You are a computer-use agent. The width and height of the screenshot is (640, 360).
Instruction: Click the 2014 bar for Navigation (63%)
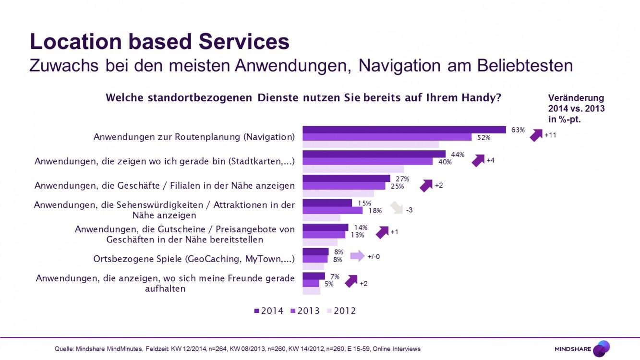pyautogui.click(x=404, y=130)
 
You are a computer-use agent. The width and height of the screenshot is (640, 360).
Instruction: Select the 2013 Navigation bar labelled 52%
pyautogui.click(x=387, y=137)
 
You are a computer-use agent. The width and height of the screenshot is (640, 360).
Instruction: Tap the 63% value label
pyautogui.click(x=518, y=130)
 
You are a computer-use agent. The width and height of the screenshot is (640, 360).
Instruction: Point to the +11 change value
pyautogui.click(x=550, y=135)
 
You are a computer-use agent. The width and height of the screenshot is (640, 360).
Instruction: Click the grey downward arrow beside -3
pyautogui.click(x=396, y=207)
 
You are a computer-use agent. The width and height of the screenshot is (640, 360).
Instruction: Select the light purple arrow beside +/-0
pyautogui.click(x=357, y=256)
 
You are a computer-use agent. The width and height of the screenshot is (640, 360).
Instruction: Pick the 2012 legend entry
pyautogui.click(x=341, y=311)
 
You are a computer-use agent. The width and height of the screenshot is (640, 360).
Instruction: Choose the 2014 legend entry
pyautogui.click(x=269, y=311)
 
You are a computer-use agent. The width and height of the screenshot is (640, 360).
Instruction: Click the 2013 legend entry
pyautogui.click(x=305, y=311)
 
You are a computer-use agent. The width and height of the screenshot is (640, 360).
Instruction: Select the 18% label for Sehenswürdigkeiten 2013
pyautogui.click(x=375, y=210)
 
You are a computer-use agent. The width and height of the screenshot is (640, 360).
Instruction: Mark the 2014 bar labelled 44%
pyautogui.click(x=374, y=154)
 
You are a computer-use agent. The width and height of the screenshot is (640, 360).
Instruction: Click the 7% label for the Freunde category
pyautogui.click(x=335, y=276)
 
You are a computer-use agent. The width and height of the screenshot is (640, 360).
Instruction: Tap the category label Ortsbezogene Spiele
pyautogui.click(x=193, y=259)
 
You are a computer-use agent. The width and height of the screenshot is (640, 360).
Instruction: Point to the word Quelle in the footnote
pyautogui.click(x=64, y=349)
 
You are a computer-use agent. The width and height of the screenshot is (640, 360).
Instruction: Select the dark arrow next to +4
pyautogui.click(x=478, y=160)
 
